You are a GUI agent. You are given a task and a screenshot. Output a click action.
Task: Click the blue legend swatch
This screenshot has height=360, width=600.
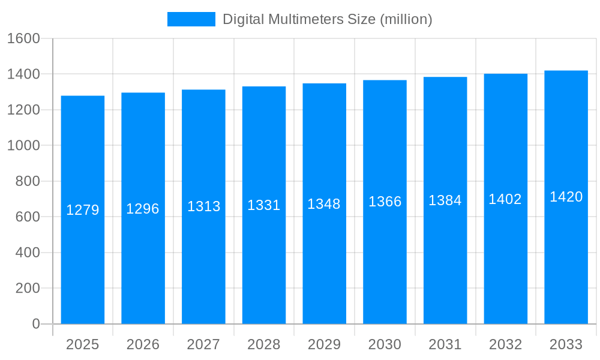(x=191, y=19)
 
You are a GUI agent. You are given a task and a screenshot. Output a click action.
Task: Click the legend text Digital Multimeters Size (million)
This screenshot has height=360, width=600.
(x=327, y=19)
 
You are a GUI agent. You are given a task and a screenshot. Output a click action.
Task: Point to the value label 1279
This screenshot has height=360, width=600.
(x=83, y=210)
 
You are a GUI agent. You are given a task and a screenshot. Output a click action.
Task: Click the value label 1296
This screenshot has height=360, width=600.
(x=143, y=209)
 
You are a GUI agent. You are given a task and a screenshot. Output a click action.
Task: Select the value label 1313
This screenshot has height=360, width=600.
(x=204, y=206)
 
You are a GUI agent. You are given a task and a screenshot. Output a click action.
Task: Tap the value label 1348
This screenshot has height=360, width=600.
(x=324, y=204)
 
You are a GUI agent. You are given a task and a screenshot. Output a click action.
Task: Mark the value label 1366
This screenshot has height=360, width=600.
(x=385, y=202)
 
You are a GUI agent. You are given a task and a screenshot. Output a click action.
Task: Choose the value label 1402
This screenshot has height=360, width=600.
(x=505, y=199)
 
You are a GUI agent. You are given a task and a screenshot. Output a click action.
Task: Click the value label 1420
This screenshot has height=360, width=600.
(x=566, y=197)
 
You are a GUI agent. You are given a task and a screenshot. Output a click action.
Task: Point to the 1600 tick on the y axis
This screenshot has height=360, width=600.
(x=23, y=38)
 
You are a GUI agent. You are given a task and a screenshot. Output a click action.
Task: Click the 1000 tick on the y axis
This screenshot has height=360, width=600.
(x=23, y=145)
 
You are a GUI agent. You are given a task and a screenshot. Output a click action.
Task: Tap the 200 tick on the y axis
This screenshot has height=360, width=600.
(x=27, y=288)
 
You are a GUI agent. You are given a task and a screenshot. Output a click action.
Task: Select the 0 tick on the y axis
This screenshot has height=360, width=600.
(x=35, y=324)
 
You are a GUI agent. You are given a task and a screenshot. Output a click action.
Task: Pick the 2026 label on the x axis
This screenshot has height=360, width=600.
(x=143, y=344)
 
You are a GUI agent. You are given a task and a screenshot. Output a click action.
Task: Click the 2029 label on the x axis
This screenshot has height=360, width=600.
(x=324, y=344)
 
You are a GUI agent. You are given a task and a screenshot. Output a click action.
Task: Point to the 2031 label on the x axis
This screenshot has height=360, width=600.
(x=445, y=344)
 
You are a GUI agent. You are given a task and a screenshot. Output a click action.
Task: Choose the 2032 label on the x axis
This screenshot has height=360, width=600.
(x=505, y=344)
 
